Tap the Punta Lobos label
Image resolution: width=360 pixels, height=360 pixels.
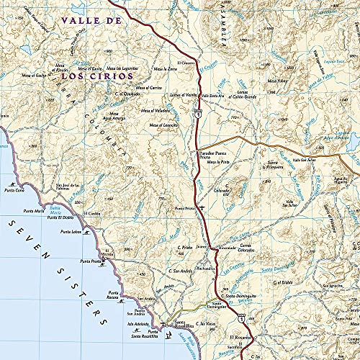[x=71, y=232]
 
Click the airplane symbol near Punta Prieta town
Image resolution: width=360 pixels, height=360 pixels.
[x=203, y=208]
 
